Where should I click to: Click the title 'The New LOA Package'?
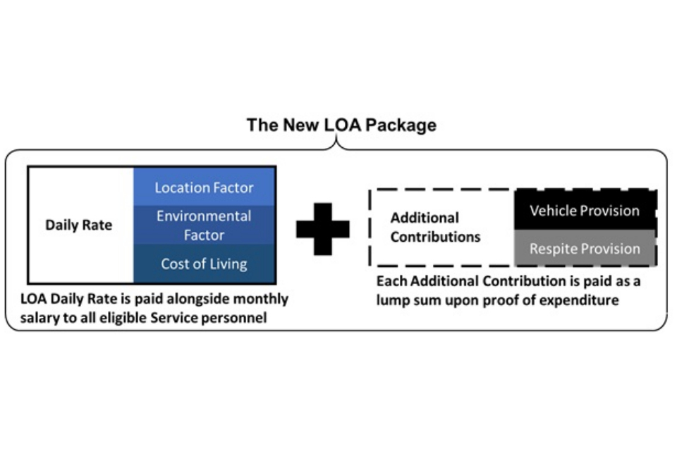pos(341,125)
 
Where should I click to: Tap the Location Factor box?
pos(204,187)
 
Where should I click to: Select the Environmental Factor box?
pos(204,225)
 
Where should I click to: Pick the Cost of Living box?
pos(204,264)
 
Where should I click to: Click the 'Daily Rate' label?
pos(78,225)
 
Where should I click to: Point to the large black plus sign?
pos(322,228)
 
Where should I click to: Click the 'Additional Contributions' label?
pos(435,227)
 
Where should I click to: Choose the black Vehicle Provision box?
pos(585,210)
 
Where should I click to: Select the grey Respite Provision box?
pos(585,248)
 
